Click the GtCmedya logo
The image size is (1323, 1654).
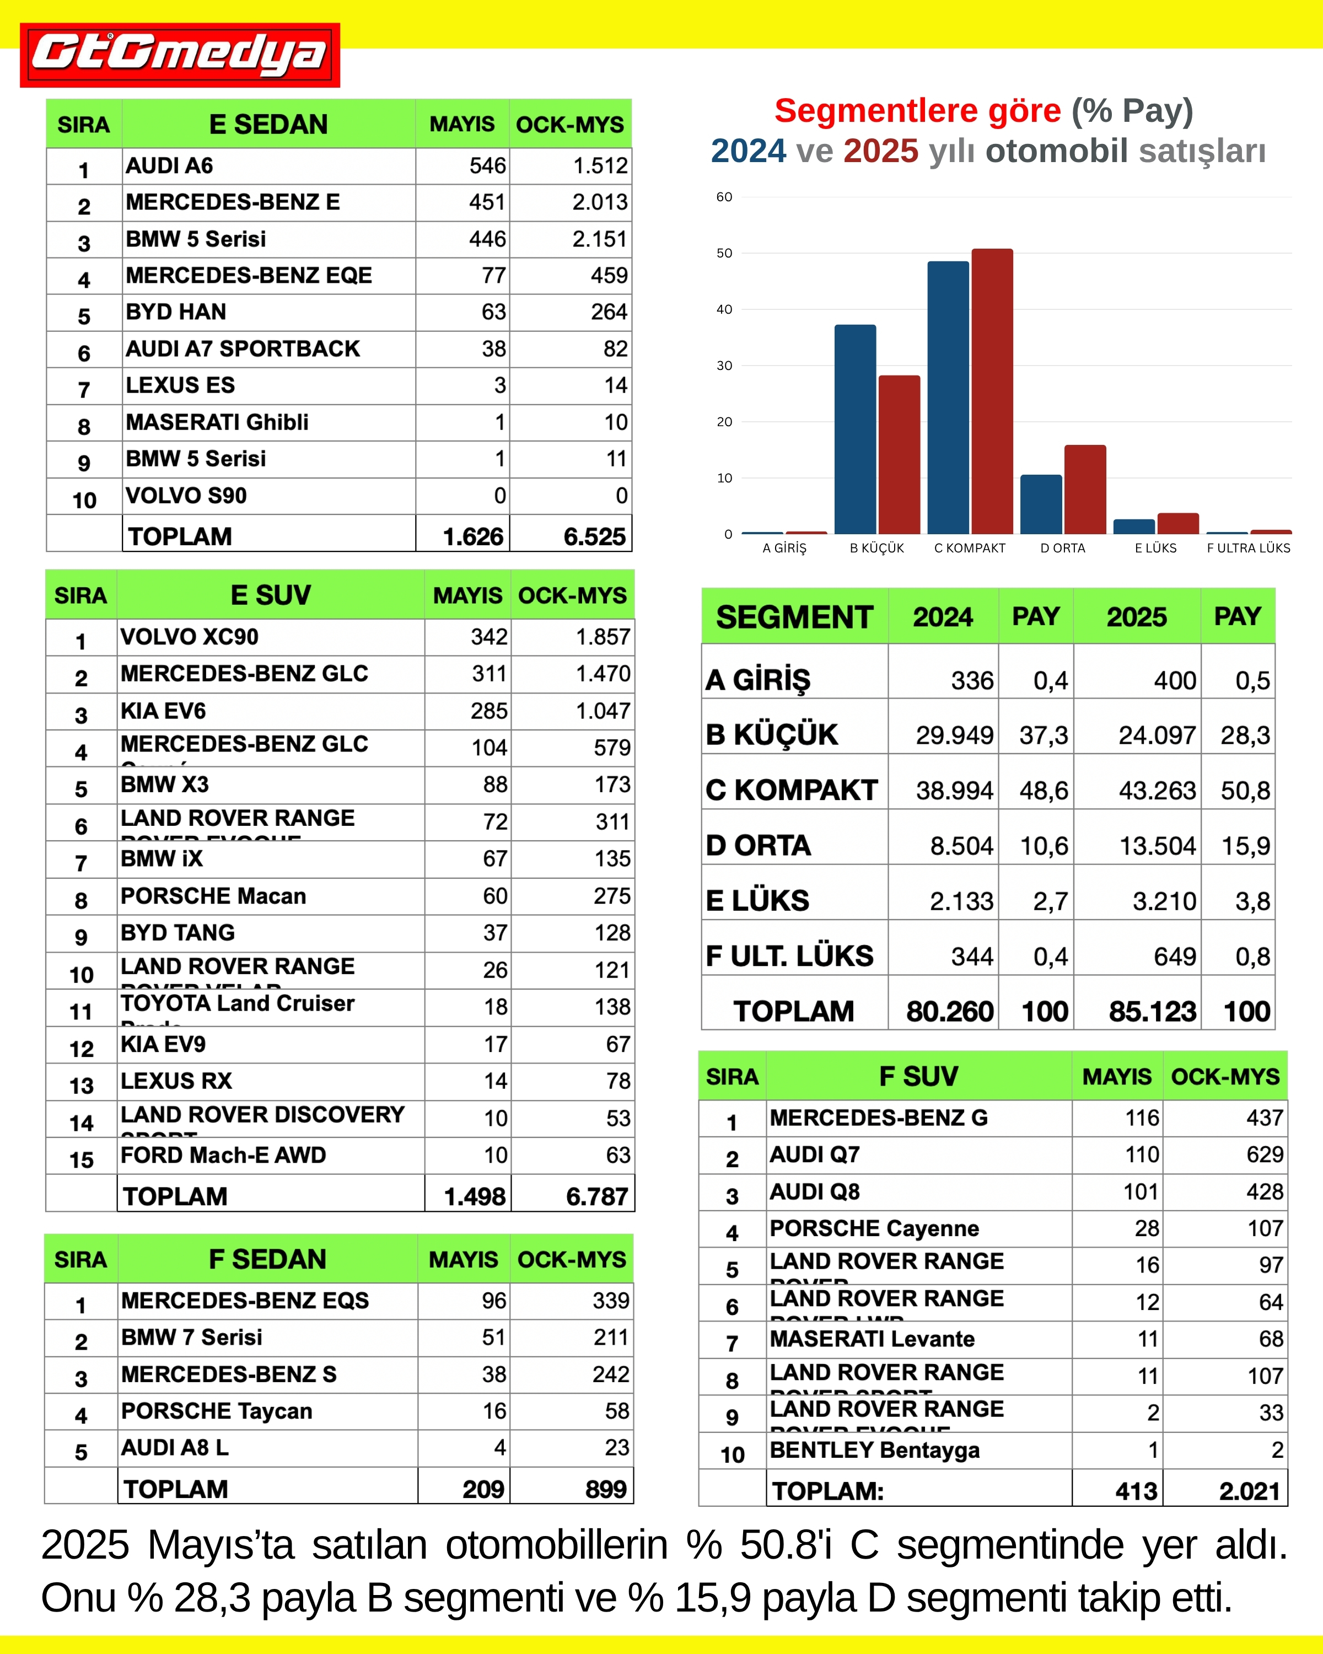click(x=180, y=55)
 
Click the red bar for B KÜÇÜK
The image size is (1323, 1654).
click(x=899, y=454)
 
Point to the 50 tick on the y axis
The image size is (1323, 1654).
click(x=724, y=253)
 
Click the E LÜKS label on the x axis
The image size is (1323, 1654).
click(x=1155, y=548)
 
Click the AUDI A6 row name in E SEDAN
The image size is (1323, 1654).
click(x=169, y=166)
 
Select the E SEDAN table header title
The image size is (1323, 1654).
click(x=268, y=124)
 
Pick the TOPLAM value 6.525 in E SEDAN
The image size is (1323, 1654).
click(x=594, y=536)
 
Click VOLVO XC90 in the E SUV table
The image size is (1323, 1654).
click(x=190, y=637)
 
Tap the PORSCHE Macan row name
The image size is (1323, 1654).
click(x=213, y=896)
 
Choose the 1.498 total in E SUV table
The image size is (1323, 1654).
click(x=475, y=1196)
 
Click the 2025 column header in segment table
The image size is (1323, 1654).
click(x=1136, y=617)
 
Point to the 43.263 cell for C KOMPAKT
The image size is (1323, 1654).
click(x=1157, y=790)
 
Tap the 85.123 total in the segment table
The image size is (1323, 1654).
click(x=1152, y=1011)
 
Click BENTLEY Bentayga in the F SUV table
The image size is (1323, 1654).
click(x=874, y=1450)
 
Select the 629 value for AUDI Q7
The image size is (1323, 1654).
click(x=1264, y=1154)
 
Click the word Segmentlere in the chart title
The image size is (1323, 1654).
click(x=917, y=111)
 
